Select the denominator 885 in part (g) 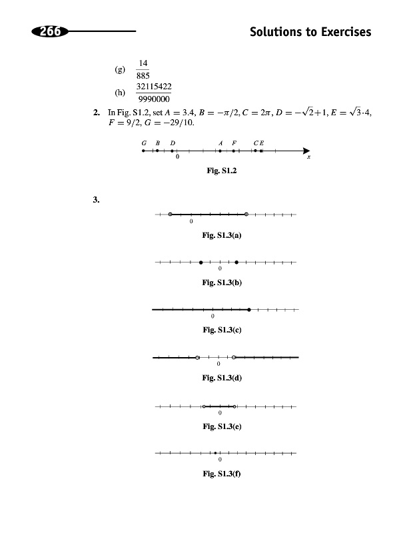click(143, 75)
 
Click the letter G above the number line click(143, 143)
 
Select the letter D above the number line click(173, 143)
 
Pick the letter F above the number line click(234, 143)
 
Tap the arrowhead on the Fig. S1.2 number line click(306, 151)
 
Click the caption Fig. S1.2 click(222, 171)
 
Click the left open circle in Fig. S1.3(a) click(171, 215)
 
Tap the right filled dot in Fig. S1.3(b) click(236, 262)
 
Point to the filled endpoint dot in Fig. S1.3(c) click(249, 310)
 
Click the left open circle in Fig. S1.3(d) click(198, 358)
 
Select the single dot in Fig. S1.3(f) click(215, 454)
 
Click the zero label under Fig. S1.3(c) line click(212, 317)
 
